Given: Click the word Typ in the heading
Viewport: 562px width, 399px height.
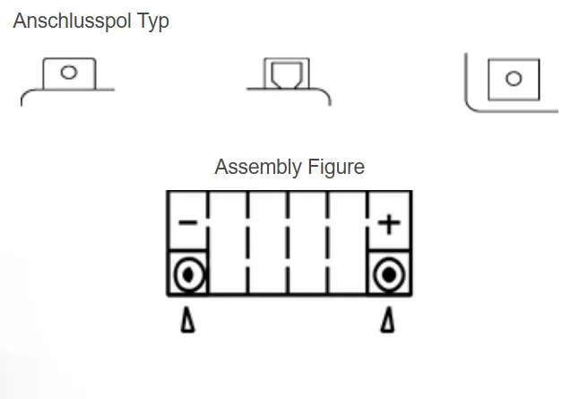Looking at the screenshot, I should pos(152,22).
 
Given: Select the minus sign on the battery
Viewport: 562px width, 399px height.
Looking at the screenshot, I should pos(188,221).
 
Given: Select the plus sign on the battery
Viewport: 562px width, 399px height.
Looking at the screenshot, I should pos(389,222).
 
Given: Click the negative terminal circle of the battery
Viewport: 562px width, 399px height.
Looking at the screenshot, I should pos(188,274).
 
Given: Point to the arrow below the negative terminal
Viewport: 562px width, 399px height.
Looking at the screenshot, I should pos(188,320).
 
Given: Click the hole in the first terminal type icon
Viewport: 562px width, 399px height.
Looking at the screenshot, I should pos(69,72).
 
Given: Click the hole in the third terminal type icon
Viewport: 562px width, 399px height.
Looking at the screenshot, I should pos(514,79).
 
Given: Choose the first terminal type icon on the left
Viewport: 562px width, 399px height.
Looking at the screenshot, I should pos(68,79).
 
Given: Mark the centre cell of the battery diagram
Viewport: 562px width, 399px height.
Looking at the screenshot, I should pos(289,242).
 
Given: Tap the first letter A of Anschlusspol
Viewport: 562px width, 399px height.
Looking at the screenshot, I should pos(19,22).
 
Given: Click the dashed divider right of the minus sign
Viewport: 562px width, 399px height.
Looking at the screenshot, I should pos(209,242).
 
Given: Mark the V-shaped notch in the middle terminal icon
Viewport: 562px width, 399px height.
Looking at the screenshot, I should pos(288,78).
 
